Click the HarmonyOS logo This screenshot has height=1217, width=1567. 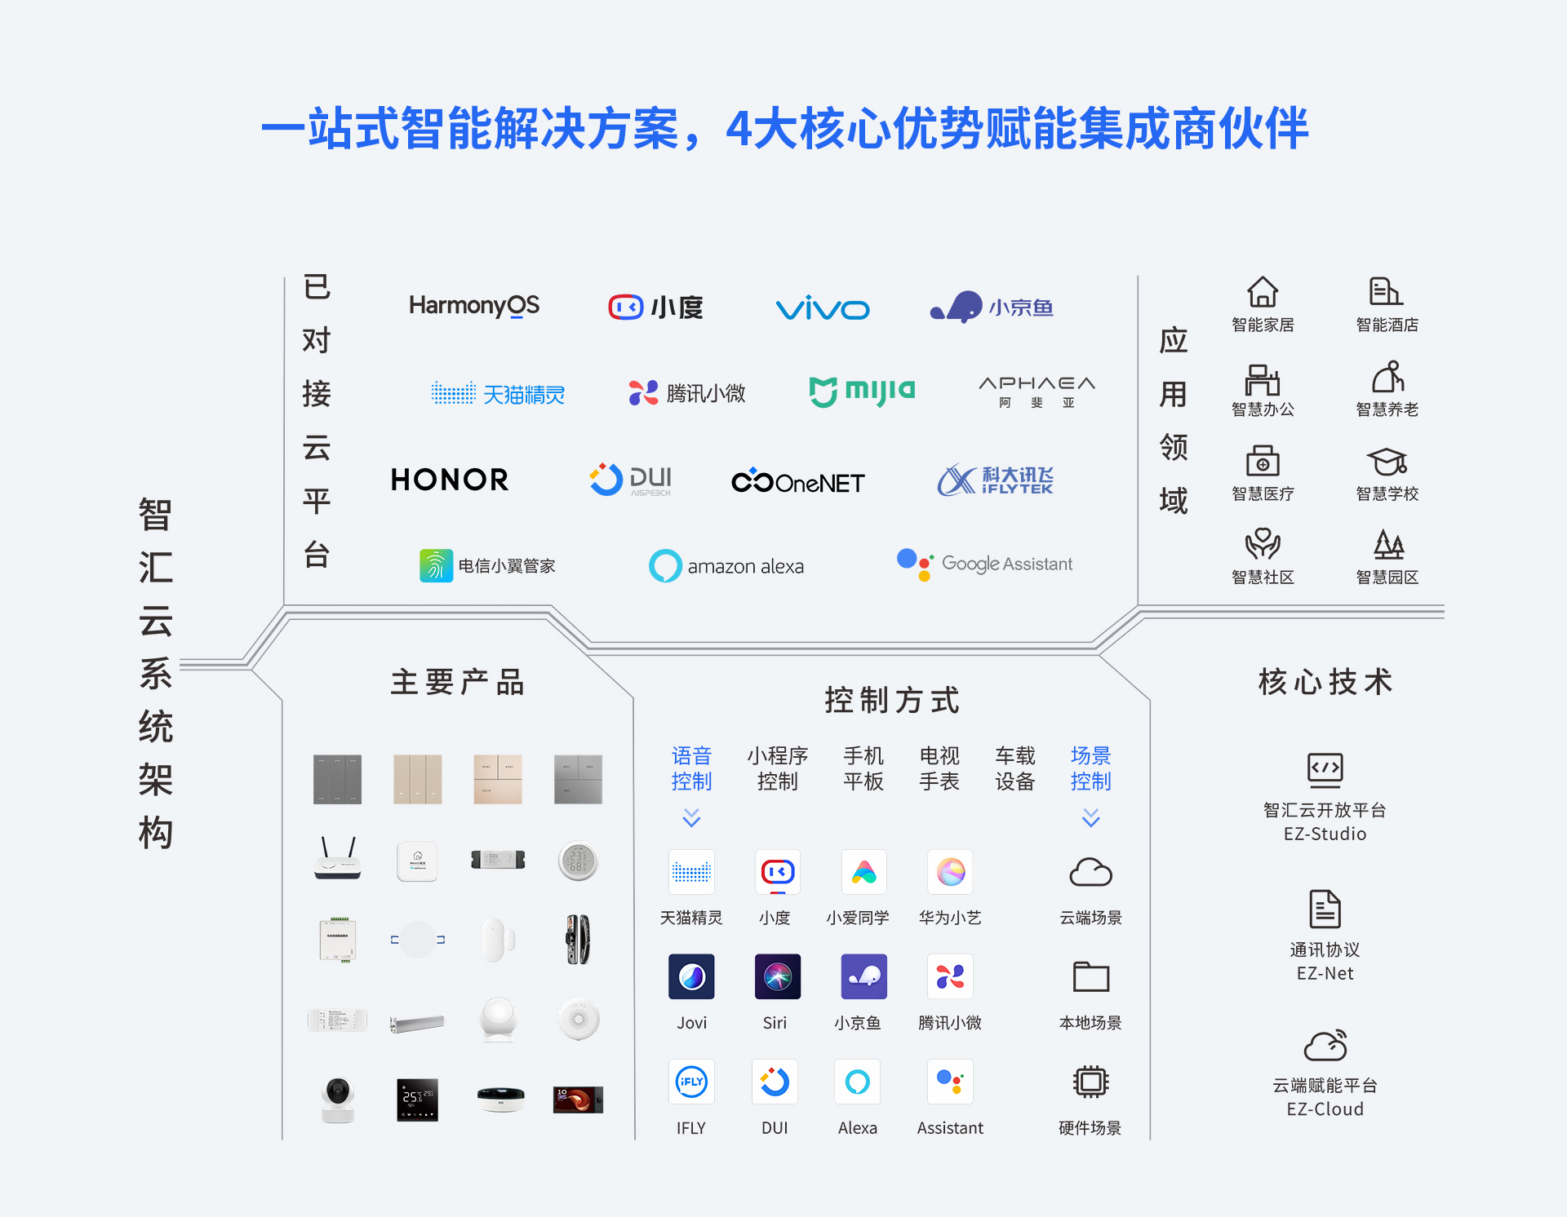(473, 306)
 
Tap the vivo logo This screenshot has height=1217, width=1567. (822, 308)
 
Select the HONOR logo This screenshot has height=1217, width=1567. (450, 480)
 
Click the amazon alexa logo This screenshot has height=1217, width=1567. (726, 565)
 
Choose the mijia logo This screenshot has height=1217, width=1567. (862, 392)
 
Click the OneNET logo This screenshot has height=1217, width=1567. (797, 482)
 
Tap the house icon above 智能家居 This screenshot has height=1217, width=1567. (1262, 292)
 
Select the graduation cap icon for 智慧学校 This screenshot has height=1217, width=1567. (1387, 462)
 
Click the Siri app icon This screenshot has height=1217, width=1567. (777, 976)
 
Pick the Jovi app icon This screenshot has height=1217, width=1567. (691, 976)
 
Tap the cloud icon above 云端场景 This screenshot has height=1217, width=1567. (1090, 873)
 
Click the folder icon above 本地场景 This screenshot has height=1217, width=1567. (1090, 976)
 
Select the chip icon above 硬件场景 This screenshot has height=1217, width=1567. (1090, 1082)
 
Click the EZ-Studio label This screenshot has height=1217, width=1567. (1325, 834)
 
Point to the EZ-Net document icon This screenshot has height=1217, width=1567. (1325, 909)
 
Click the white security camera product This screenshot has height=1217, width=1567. (338, 1099)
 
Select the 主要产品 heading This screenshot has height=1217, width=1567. (457, 682)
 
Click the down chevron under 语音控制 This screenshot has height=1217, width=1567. (691, 817)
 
